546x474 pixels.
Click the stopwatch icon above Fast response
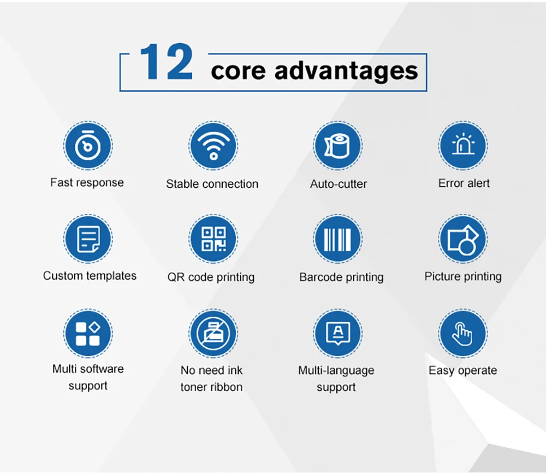point(87,146)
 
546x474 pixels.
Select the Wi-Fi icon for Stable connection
point(213,146)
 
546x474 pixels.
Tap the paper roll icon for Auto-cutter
point(337,146)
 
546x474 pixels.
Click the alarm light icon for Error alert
point(463,146)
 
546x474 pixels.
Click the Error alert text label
point(464,183)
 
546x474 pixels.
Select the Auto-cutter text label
point(339,184)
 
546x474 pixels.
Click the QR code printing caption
point(211,277)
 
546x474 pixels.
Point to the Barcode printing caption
point(341,277)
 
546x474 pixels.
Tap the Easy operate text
point(463,371)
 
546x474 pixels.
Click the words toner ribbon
point(211,387)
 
